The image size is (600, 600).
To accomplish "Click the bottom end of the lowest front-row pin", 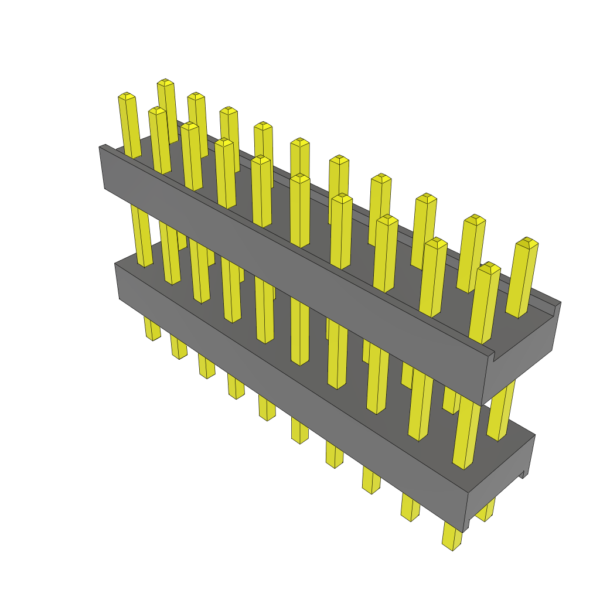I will (x=450, y=545).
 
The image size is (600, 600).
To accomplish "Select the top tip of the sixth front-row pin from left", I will (x=300, y=177).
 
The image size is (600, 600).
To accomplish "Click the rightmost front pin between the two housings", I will (x=466, y=434).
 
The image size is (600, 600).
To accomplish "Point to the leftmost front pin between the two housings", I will (x=141, y=234).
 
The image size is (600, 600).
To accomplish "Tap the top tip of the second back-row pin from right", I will (x=475, y=219).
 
